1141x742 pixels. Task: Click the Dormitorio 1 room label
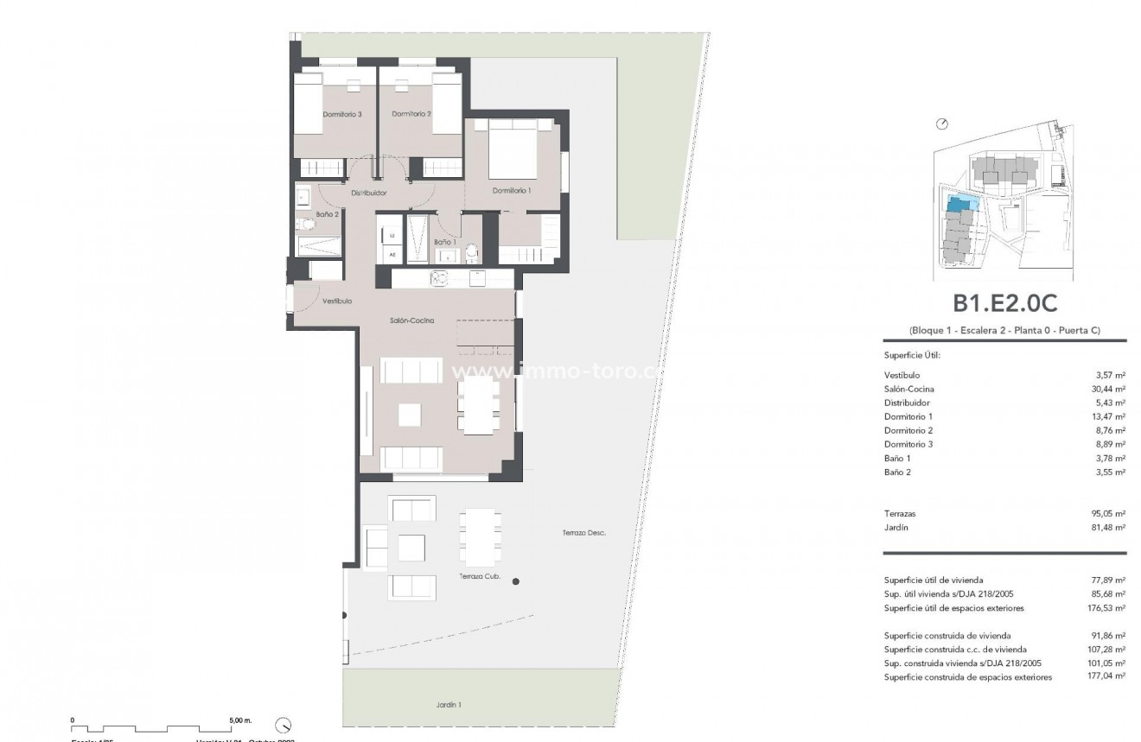point(512,190)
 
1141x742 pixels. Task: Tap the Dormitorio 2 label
point(411,114)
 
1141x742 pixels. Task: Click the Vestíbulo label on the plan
point(336,302)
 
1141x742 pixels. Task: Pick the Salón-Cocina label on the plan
point(411,320)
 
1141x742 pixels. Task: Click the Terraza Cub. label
point(480,577)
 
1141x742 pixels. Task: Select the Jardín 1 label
point(448,705)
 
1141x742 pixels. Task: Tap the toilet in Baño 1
point(471,252)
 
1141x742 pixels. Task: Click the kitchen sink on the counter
point(439,278)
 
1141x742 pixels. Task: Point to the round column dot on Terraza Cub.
point(516,582)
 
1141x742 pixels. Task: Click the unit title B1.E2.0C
point(1005,304)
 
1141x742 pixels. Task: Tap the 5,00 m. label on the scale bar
point(241,720)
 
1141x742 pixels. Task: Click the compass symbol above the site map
point(942,124)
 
